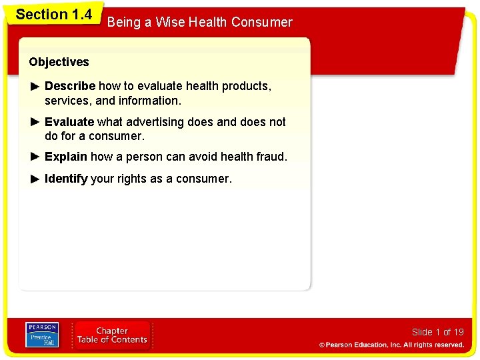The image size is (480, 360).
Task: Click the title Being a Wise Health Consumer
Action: coord(199,23)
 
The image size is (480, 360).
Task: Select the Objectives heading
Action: coord(59,62)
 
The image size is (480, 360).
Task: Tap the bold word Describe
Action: coord(70,86)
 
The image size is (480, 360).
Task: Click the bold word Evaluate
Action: coord(69,122)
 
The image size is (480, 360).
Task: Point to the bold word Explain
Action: coord(66,157)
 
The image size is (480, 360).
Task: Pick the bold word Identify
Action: coord(66,179)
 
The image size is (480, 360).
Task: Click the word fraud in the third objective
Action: coord(272,157)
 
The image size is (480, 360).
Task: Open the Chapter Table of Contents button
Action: coord(112,335)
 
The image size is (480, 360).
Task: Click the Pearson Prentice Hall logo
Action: coord(41,335)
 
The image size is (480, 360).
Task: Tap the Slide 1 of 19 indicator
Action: coord(437,332)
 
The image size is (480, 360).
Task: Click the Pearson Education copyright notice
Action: coord(391,345)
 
